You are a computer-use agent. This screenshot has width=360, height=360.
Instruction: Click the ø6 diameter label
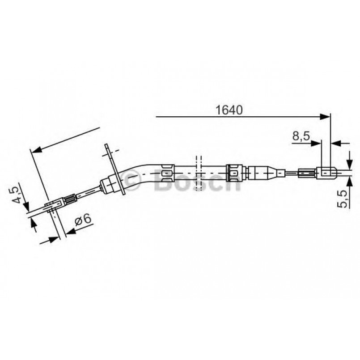point(83,220)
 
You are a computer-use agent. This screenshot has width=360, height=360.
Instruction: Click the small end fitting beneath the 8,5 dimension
point(325,172)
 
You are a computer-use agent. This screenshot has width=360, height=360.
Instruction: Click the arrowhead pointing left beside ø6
point(69,230)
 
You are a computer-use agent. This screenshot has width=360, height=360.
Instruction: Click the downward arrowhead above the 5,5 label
point(349,165)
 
